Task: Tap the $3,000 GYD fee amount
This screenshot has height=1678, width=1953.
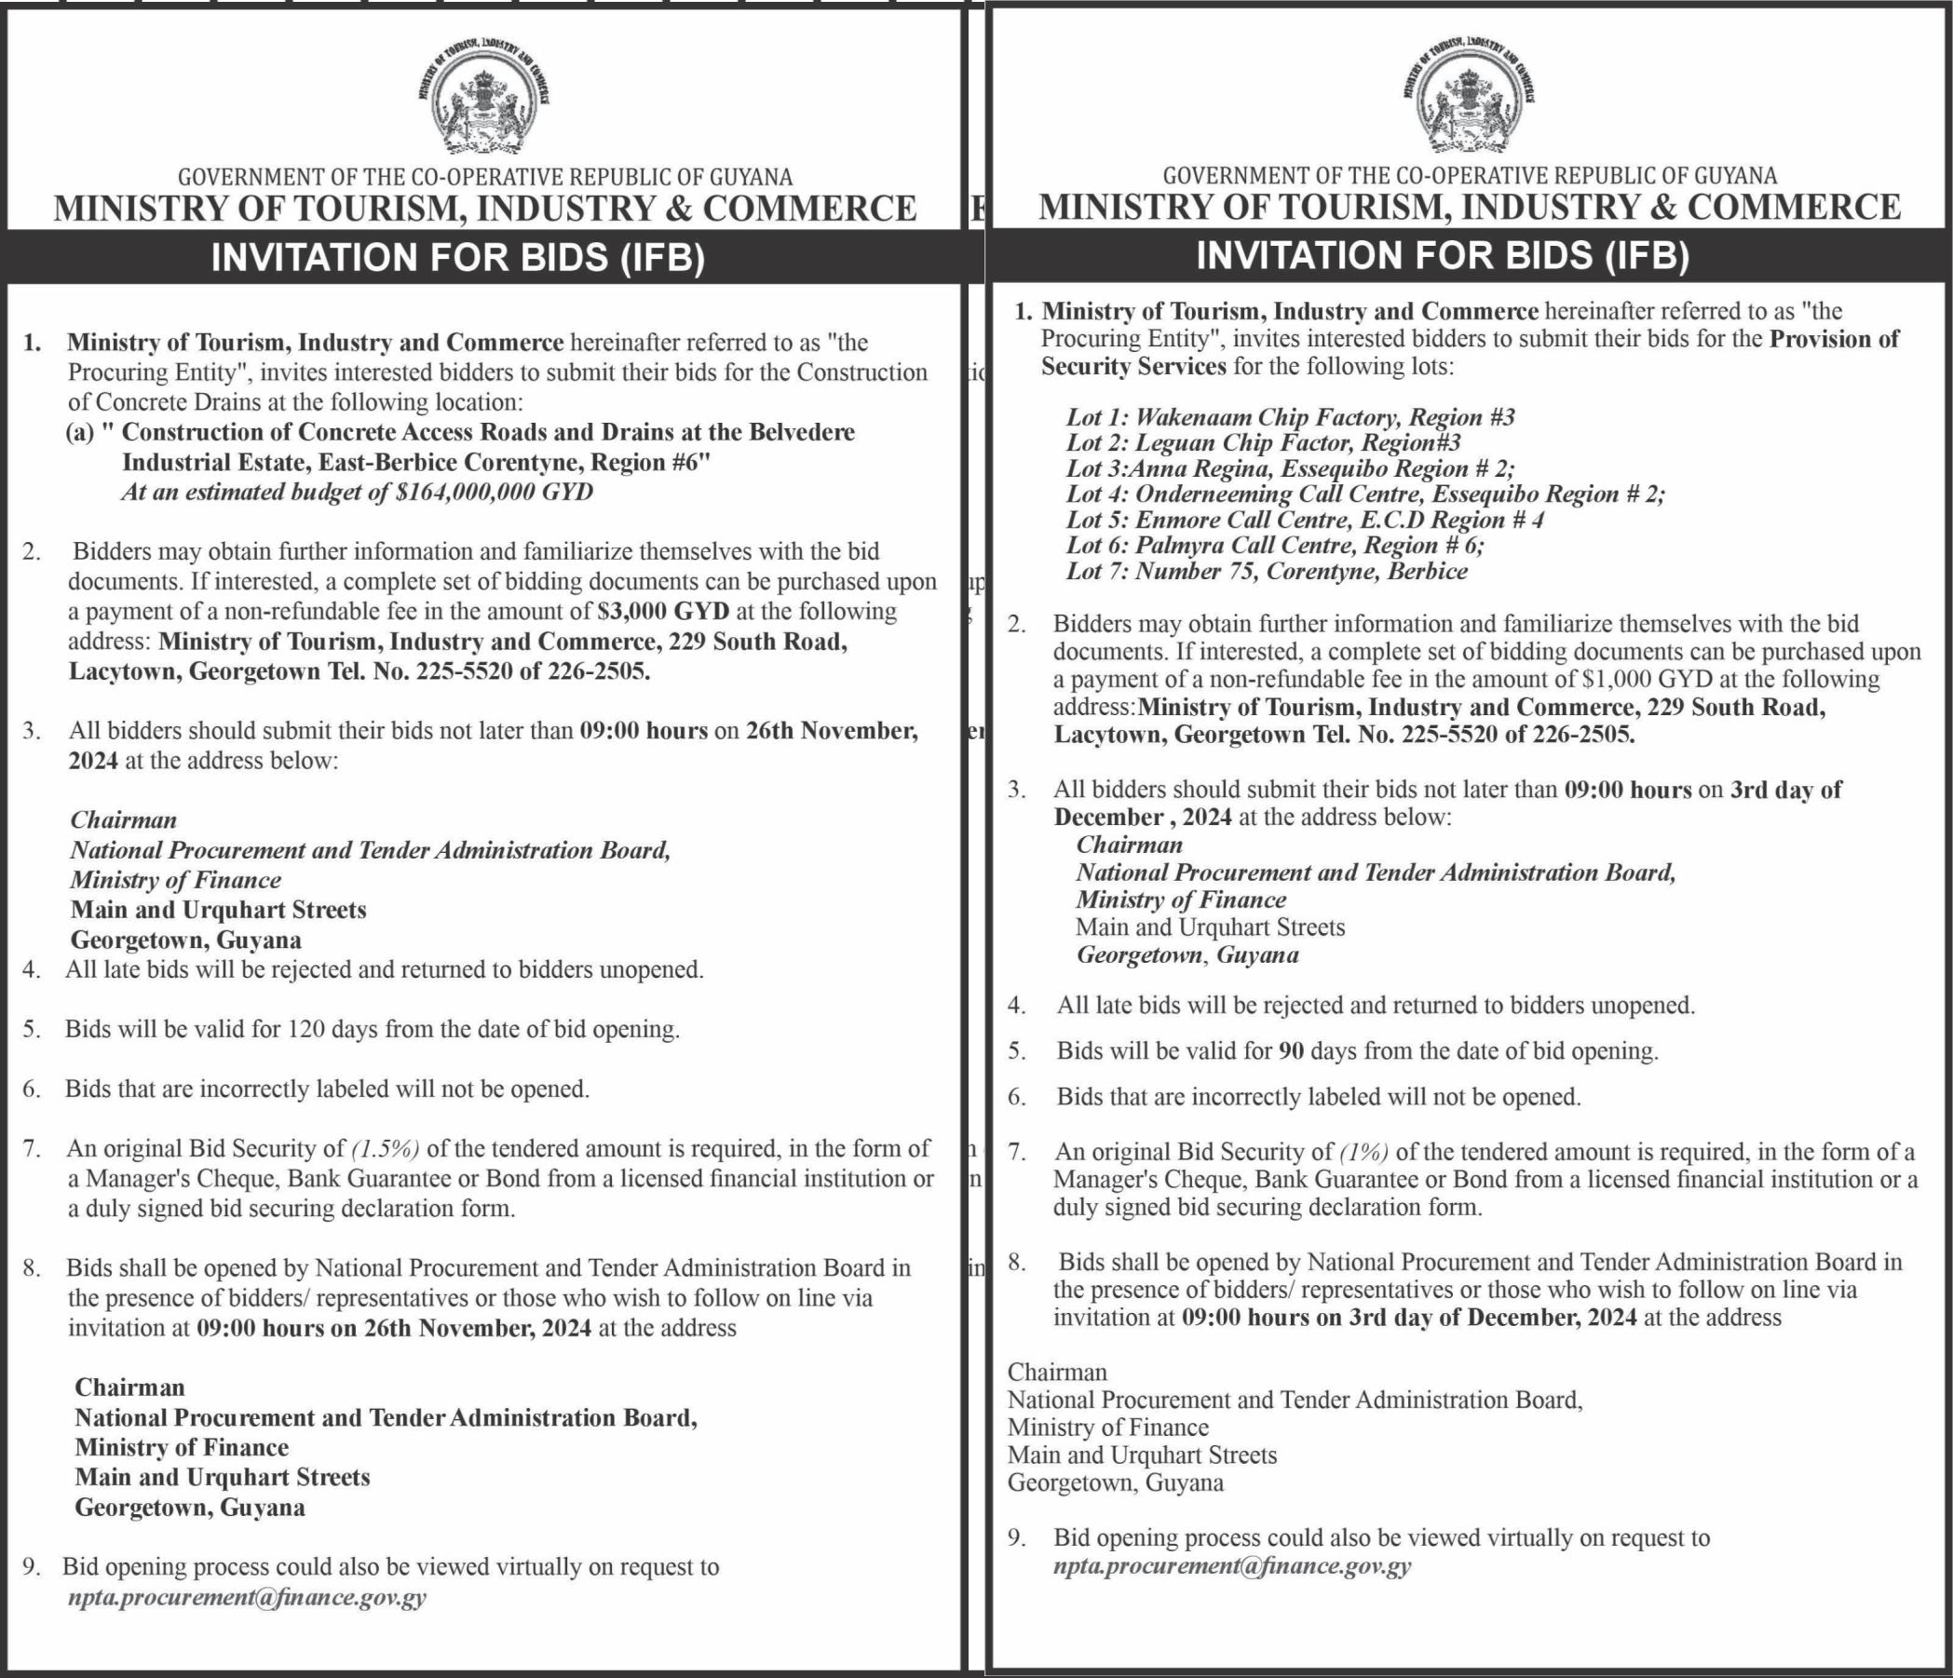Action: [x=663, y=612]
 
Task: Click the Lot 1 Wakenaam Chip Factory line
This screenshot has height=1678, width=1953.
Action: [x=1290, y=417]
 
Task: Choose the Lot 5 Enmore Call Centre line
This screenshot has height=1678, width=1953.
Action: [x=1305, y=521]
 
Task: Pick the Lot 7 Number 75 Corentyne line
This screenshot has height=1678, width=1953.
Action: [x=1266, y=571]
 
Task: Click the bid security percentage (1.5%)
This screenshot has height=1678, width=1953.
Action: [x=386, y=1148]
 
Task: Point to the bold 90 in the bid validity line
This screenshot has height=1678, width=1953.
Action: [x=1291, y=1050]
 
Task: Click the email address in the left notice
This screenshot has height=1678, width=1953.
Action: [x=247, y=1597]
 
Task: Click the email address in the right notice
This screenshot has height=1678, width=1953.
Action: [x=1232, y=1566]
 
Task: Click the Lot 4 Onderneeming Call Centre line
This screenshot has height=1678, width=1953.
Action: [x=1364, y=494]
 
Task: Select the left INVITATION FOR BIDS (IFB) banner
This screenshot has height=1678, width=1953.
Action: [x=458, y=258]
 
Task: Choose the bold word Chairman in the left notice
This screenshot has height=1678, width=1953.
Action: [x=130, y=1387]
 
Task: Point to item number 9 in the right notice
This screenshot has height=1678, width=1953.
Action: [x=1016, y=1537]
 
